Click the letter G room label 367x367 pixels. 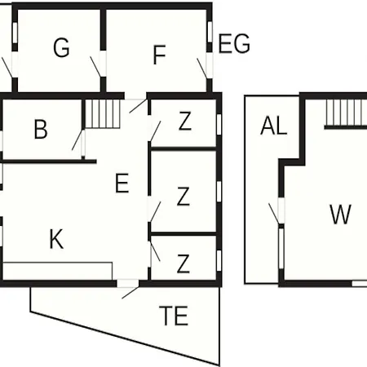click(61, 48)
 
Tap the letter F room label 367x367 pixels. click(160, 55)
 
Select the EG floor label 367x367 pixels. click(234, 43)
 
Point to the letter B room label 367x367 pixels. click(41, 129)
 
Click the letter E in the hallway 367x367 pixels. click(122, 183)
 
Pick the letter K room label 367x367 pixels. click(56, 239)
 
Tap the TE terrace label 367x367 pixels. click(174, 316)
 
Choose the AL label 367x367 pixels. click(274, 126)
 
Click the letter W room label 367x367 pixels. click(341, 214)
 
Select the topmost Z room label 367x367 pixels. click(185, 122)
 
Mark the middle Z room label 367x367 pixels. click(183, 197)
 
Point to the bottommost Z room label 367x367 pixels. click(183, 263)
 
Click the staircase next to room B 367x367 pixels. click(103, 113)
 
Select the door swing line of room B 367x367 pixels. click(77, 140)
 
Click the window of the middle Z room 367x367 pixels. click(219, 192)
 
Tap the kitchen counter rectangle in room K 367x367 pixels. click(58, 271)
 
